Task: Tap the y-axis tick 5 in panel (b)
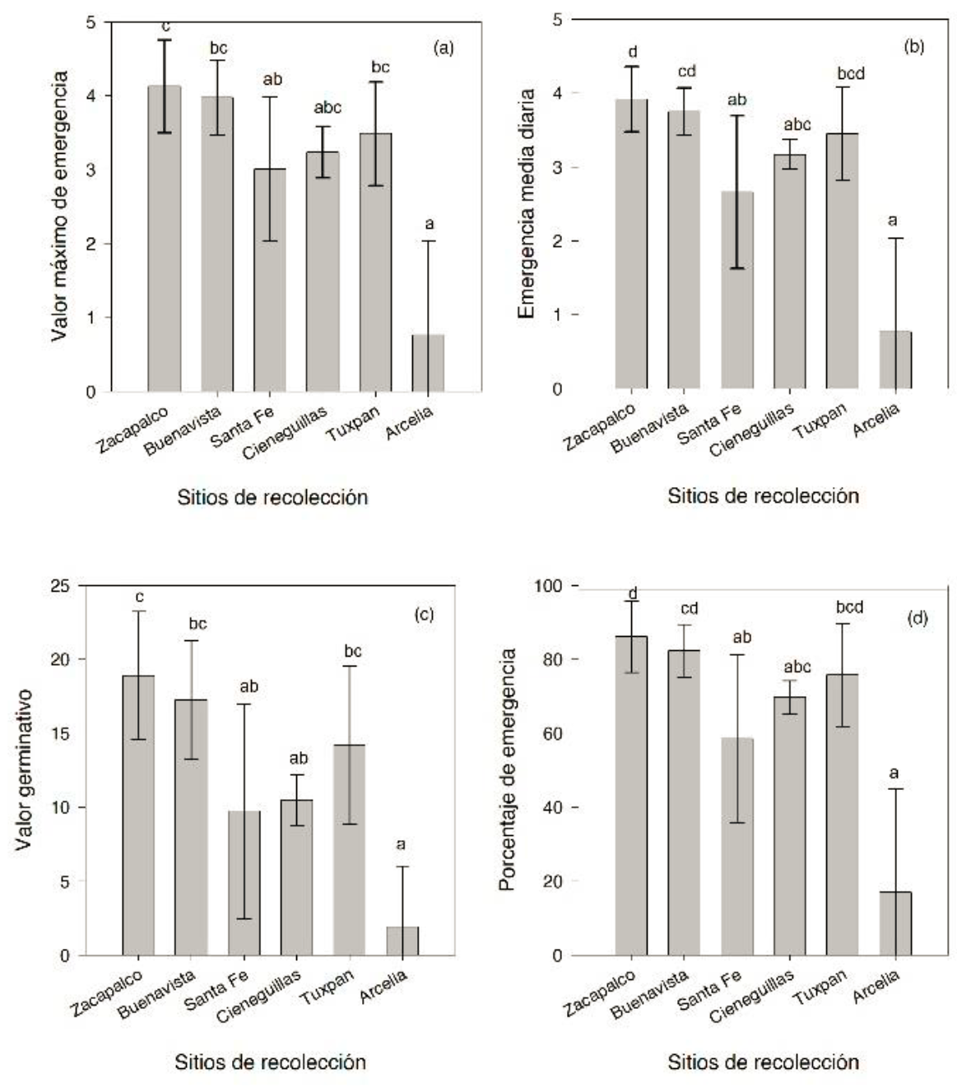[x=557, y=19]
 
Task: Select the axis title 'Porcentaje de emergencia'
[x=508, y=769]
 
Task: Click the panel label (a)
[x=444, y=48]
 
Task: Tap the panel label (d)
[x=917, y=618]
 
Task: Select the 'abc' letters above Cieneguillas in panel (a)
[x=328, y=108]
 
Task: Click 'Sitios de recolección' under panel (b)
[x=763, y=496]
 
